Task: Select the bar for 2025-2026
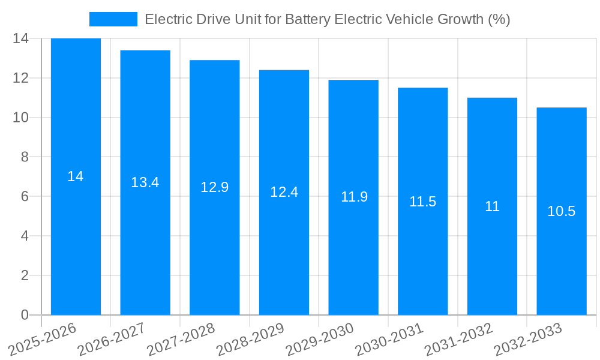[x=76, y=240]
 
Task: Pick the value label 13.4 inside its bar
[x=145, y=182]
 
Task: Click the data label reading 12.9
[x=214, y=187]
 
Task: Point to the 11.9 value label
[x=354, y=197]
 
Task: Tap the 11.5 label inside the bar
[x=422, y=202]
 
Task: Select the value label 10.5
[x=561, y=211]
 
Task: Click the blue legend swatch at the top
[x=113, y=19]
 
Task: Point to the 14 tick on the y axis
[x=20, y=38]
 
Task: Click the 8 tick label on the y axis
[x=25, y=157]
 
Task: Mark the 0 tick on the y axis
[x=25, y=315]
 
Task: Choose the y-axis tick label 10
[x=20, y=118]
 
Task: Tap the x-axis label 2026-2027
[x=112, y=339]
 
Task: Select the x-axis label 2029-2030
[x=320, y=339]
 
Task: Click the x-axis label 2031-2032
[x=459, y=339]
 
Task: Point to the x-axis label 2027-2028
[x=182, y=339]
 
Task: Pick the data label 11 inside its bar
[x=492, y=206]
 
